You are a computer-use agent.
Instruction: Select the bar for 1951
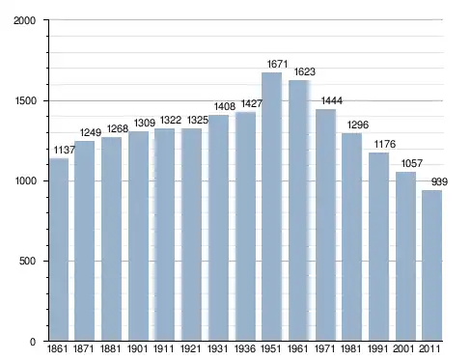coord(271,207)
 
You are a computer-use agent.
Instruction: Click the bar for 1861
coord(59,249)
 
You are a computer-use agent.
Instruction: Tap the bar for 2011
coord(431,265)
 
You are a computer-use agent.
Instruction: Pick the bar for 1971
coord(325,225)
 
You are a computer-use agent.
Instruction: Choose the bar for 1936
coord(245,226)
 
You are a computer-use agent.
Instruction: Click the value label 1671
coord(277,64)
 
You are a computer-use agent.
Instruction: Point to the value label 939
coord(439,181)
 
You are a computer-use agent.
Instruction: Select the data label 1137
coord(65,150)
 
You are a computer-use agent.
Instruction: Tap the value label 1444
coord(332,100)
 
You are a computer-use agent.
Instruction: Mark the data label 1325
coord(198,120)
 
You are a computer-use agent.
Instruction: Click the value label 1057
coord(412,163)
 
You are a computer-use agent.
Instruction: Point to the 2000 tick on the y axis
coord(24,20)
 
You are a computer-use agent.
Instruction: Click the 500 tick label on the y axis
coord(27,261)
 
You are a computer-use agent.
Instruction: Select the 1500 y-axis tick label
coord(25,100)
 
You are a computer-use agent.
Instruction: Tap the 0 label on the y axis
coord(33,342)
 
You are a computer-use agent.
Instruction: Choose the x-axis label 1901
coord(137,348)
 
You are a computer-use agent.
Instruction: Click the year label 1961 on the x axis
coord(297,348)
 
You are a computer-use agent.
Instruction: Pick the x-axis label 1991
coord(377,348)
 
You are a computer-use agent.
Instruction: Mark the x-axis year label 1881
coord(110,348)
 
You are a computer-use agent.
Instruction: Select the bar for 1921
coord(191,235)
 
